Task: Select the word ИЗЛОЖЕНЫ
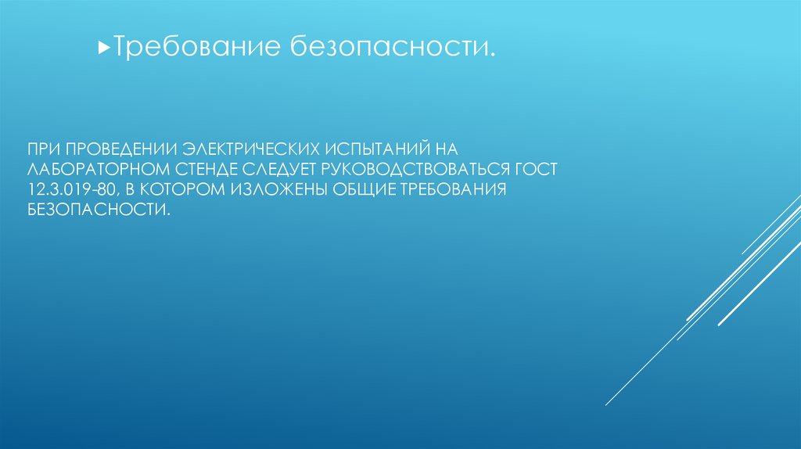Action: [x=278, y=191]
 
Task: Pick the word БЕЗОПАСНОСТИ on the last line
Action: [x=97, y=211]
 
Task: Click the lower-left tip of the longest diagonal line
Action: [x=606, y=404]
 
